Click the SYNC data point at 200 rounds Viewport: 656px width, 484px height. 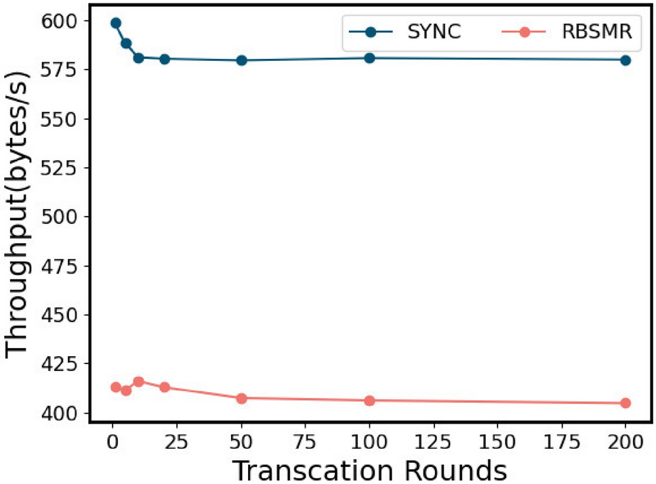(625, 60)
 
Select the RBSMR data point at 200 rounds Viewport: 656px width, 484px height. (625, 403)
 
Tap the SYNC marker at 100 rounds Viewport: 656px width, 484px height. (369, 58)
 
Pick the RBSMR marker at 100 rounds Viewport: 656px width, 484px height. (369, 401)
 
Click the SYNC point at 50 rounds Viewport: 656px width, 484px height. (241, 60)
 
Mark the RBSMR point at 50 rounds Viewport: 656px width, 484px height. (241, 398)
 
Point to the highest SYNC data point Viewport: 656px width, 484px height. (116, 23)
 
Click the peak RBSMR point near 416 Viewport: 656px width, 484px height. (139, 382)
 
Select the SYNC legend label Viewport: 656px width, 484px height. (433, 31)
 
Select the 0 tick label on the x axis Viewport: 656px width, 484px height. (113, 441)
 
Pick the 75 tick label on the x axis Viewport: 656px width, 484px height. (305, 441)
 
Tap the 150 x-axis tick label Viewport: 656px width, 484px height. (497, 441)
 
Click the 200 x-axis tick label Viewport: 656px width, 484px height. (625, 441)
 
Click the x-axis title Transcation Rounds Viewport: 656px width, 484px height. (369, 469)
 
